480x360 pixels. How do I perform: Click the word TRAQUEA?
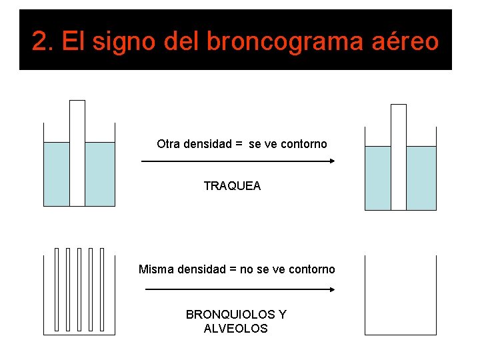232,186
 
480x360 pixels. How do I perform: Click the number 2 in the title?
42,42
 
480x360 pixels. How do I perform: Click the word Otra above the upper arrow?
169,144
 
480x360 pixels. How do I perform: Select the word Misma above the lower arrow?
155,269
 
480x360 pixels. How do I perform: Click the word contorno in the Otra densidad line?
304,144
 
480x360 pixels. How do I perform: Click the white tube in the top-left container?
77,153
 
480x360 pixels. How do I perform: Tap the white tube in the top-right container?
399,157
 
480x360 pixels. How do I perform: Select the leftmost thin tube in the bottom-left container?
57,289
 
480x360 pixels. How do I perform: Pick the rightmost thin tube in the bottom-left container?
101,289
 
